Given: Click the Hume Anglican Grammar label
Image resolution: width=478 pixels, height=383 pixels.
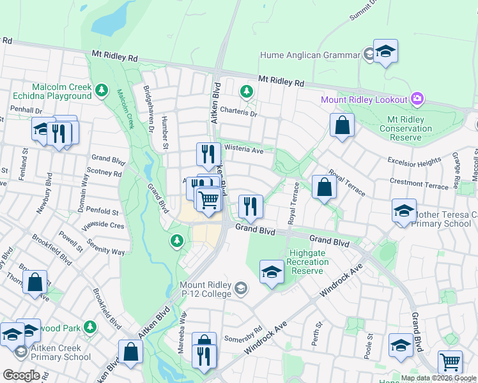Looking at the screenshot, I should (309, 55).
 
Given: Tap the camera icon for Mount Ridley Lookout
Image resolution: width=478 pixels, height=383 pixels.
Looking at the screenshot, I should (417, 98).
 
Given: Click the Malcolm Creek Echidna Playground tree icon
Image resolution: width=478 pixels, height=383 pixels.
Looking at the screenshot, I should (101, 91).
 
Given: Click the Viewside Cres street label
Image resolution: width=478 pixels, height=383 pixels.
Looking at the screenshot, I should (103, 226).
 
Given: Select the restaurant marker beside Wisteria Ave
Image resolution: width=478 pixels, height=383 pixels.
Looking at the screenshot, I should (208, 153).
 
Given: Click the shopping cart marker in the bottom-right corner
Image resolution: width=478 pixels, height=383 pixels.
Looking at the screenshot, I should (450, 362).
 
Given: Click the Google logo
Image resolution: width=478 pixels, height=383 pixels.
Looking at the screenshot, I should (21, 375).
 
